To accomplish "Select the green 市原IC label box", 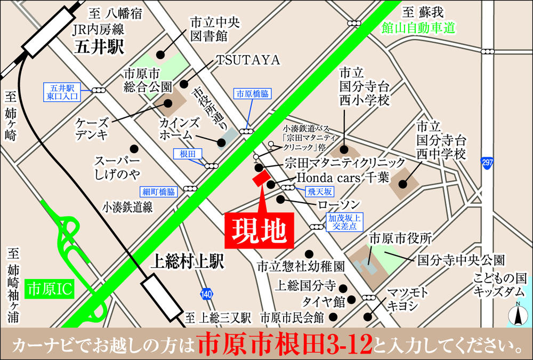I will click(51, 289).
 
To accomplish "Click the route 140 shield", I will click(207, 293).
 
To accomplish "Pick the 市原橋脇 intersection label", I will click(252, 93).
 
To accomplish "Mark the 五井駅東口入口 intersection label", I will click(62, 92).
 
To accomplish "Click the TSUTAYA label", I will click(248, 61).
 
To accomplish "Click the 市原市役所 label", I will click(400, 238).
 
